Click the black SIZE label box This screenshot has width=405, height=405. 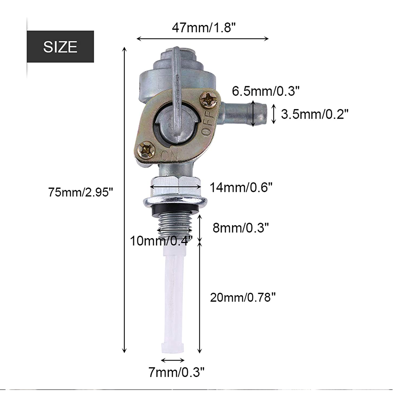(x=60, y=46)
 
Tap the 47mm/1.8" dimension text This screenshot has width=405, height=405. (x=204, y=28)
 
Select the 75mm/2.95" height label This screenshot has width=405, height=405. (x=80, y=192)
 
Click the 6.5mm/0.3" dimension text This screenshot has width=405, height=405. (x=266, y=91)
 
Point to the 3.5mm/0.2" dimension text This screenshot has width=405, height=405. (x=315, y=114)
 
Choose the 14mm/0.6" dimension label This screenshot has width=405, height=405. (x=241, y=187)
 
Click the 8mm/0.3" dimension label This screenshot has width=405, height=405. (x=241, y=228)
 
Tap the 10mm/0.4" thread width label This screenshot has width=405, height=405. (x=161, y=241)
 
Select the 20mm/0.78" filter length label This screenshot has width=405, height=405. (x=243, y=298)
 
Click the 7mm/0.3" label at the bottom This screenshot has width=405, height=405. (x=177, y=373)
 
